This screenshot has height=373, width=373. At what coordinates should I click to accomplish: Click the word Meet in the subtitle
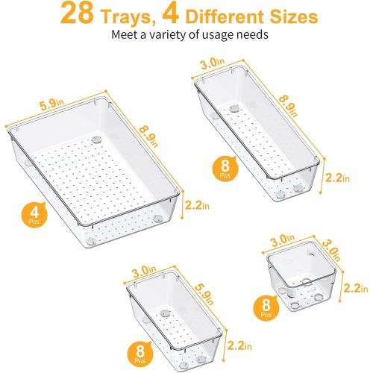pyautogui.click(x=124, y=36)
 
